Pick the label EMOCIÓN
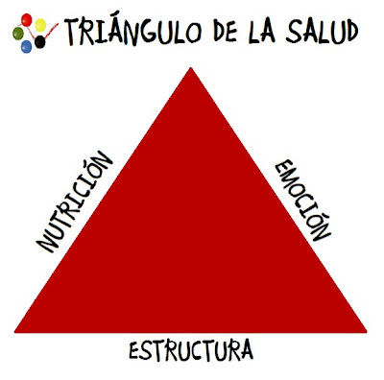tap(302, 200)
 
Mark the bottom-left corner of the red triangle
tap(16, 331)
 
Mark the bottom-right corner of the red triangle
tap(368, 331)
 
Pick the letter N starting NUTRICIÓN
tap(45, 244)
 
